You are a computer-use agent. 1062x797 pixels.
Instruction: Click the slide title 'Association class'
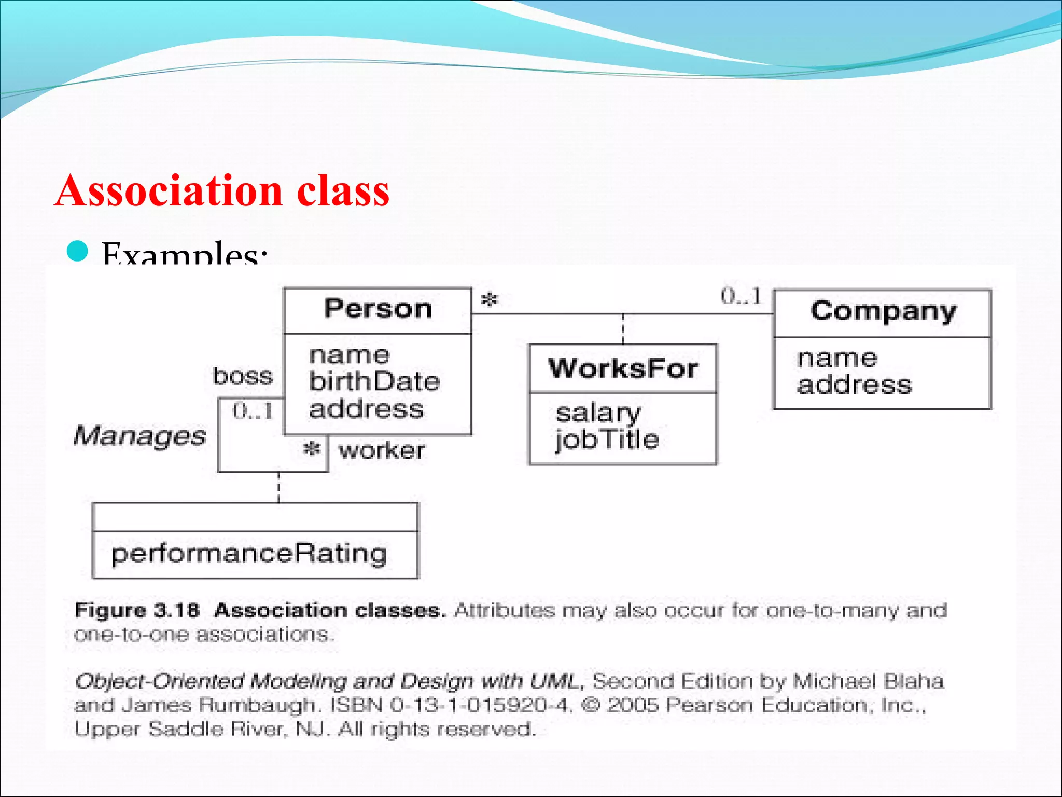point(222,191)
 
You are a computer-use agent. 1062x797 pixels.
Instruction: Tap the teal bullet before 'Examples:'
point(78,252)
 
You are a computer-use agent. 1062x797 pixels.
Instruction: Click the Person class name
point(378,309)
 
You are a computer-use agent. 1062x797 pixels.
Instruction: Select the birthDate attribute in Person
point(374,382)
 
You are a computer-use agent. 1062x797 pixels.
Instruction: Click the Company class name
point(883,311)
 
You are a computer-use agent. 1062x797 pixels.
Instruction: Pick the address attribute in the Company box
point(854,386)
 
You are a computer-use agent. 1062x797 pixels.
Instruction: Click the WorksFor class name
point(623,368)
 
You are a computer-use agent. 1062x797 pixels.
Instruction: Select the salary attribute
point(598,413)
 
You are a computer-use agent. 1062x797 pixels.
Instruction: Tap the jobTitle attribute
point(607,440)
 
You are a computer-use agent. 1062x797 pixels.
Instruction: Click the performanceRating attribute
point(249,554)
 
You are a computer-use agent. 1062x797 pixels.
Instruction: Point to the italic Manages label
point(139,435)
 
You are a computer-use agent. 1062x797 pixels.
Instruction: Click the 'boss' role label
point(243,376)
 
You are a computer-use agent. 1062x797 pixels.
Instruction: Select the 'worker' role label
point(382,450)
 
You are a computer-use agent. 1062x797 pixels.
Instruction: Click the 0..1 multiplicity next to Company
point(741,296)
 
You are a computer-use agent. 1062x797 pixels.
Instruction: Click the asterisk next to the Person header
point(489,300)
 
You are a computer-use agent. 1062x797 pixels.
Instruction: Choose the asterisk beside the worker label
point(312,448)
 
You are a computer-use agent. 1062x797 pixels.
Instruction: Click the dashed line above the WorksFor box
point(623,329)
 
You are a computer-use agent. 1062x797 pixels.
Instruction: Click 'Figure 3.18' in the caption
point(137,610)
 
